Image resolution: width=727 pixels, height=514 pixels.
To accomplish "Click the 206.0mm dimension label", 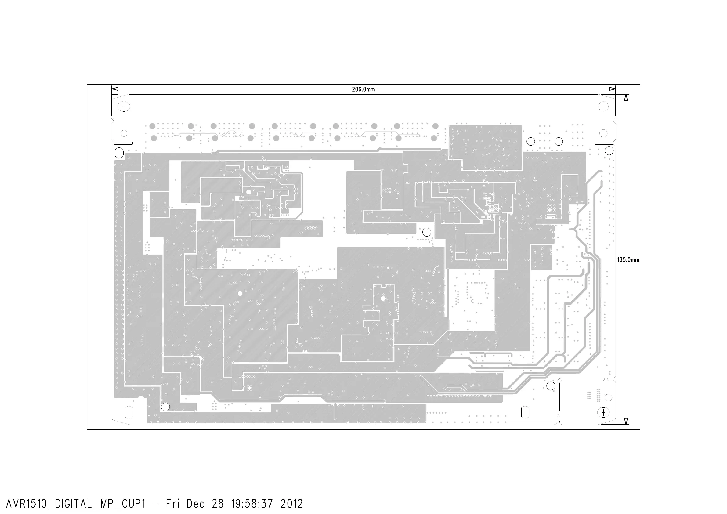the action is click(363, 89).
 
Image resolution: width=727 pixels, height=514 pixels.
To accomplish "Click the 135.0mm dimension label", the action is click(628, 260).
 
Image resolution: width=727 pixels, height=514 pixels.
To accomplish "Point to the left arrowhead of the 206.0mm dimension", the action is click(115, 89).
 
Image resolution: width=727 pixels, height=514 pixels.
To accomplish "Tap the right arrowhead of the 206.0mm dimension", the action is click(612, 89).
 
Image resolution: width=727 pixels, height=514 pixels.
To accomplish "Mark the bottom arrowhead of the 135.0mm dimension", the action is click(626, 421).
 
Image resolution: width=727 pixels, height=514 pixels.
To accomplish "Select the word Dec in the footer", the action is click(196, 504).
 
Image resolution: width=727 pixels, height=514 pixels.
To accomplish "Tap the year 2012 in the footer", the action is click(291, 504).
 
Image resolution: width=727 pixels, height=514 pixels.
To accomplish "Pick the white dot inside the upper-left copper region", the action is click(248, 192).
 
